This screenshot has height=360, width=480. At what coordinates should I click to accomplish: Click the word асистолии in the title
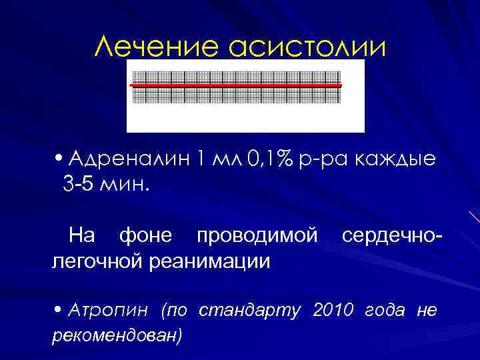(307, 46)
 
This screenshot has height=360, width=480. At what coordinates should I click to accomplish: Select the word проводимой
(259, 235)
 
